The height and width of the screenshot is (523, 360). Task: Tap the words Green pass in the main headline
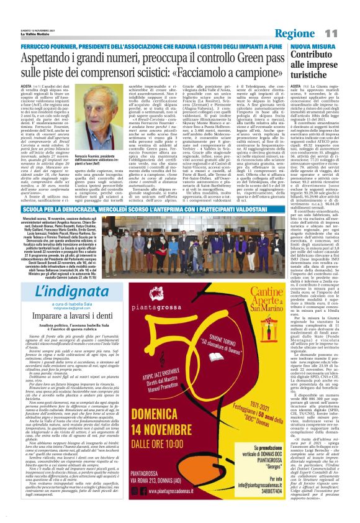(x=244, y=37)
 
